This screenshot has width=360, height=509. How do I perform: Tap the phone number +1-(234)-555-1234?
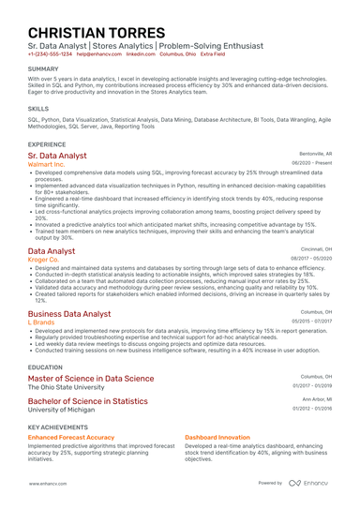50,54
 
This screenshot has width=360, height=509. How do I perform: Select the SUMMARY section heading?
42,69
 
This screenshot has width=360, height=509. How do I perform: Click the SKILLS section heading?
38,109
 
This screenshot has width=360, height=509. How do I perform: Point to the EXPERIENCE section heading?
47,144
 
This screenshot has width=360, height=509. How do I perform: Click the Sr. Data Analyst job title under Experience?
57,155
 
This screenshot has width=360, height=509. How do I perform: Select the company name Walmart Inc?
47,164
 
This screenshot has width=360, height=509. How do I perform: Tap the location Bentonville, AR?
315,153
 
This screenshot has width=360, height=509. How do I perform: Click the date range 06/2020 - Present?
311,163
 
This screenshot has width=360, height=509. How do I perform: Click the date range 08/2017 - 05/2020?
311,259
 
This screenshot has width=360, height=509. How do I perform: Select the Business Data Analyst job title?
69,313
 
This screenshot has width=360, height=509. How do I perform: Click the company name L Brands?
41,322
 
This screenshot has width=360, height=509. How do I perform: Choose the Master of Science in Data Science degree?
91,379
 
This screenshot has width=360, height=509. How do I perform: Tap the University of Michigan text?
63,410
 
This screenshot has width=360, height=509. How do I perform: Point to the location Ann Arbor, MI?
317,399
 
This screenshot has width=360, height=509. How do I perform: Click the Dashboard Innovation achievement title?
217,437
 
